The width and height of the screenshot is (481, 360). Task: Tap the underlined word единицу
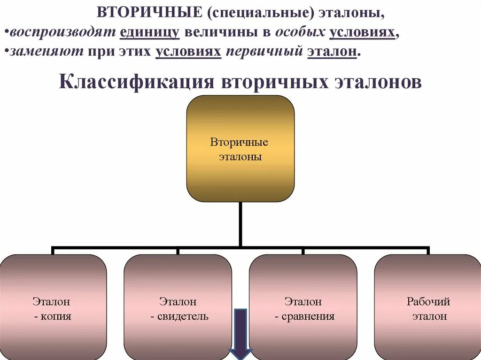tap(150, 33)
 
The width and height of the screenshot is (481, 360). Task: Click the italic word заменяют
tap(45, 51)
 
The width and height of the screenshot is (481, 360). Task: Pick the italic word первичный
tap(264, 51)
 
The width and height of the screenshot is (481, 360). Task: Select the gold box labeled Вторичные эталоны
tap(240, 148)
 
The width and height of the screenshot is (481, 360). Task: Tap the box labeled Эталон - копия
tap(53, 307)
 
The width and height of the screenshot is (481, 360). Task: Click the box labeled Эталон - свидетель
tap(178, 307)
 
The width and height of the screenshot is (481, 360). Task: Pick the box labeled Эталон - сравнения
tap(303, 307)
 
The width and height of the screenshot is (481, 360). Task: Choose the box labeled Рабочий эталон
tap(428, 307)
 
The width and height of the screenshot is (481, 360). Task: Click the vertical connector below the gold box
tap(240, 223)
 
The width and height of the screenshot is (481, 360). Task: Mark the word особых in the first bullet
tap(300, 33)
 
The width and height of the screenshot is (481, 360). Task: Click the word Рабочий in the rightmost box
tap(428, 301)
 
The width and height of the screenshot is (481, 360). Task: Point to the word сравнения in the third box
tap(308, 316)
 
